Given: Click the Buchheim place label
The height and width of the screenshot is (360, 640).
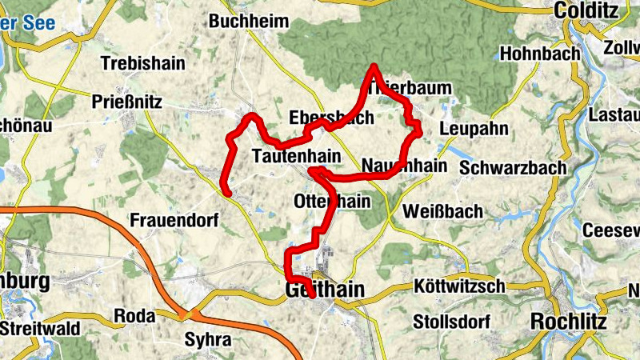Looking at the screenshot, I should pyautogui.click(x=248, y=22).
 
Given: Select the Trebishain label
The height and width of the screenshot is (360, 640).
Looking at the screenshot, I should pyautogui.click(x=143, y=63).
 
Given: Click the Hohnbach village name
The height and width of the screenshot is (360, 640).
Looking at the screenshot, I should pyautogui.click(x=538, y=54).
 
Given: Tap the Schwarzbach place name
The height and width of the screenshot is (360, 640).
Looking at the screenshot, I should pyautogui.click(x=513, y=168).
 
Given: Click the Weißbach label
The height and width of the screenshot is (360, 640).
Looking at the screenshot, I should pyautogui.click(x=443, y=211).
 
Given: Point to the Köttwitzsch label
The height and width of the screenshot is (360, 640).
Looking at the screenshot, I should pyautogui.click(x=460, y=286).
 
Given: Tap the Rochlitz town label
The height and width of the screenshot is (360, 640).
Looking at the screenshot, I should pyautogui.click(x=569, y=322).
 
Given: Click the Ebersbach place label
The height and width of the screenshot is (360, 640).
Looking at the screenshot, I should pyautogui.click(x=331, y=118).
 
